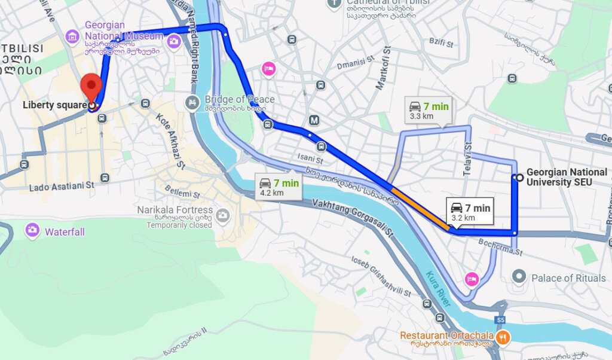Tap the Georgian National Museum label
click(x=123, y=31)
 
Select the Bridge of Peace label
click(x=239, y=99)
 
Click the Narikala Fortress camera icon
click(x=222, y=215)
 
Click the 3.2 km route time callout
click(x=470, y=211)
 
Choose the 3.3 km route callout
click(x=429, y=110)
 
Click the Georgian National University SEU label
click(x=566, y=176)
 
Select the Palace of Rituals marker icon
click(x=519, y=277)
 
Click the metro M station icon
click(x=314, y=121)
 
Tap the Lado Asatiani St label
click(x=62, y=186)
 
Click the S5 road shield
click(x=500, y=320)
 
